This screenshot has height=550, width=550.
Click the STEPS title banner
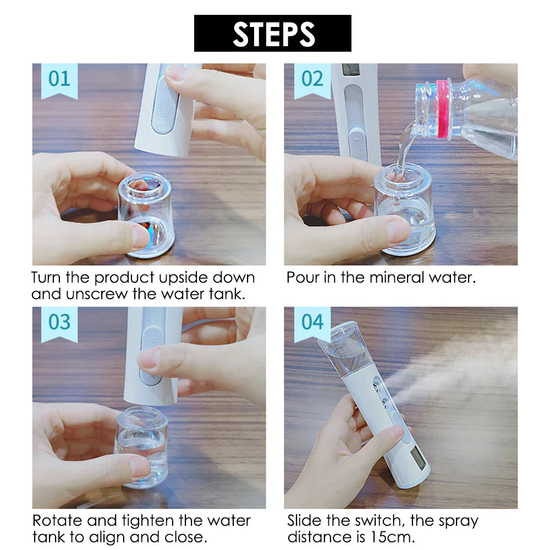tap(272, 34)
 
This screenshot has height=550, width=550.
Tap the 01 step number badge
tap(59, 79)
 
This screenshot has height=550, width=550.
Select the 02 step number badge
tap(312, 79)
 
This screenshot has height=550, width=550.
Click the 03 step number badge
tap(59, 322)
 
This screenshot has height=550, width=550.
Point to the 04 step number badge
tap(312, 322)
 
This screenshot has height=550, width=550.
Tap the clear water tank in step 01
tap(146, 215)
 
